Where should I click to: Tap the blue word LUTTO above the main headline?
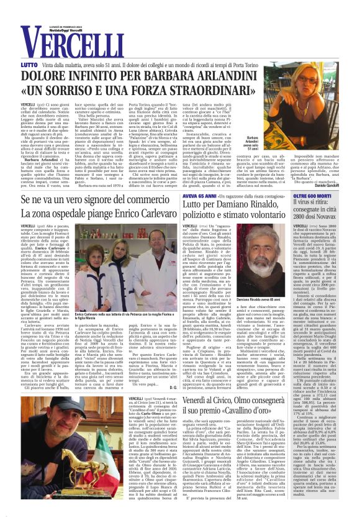pyautogui.click(x=29, y=65)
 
